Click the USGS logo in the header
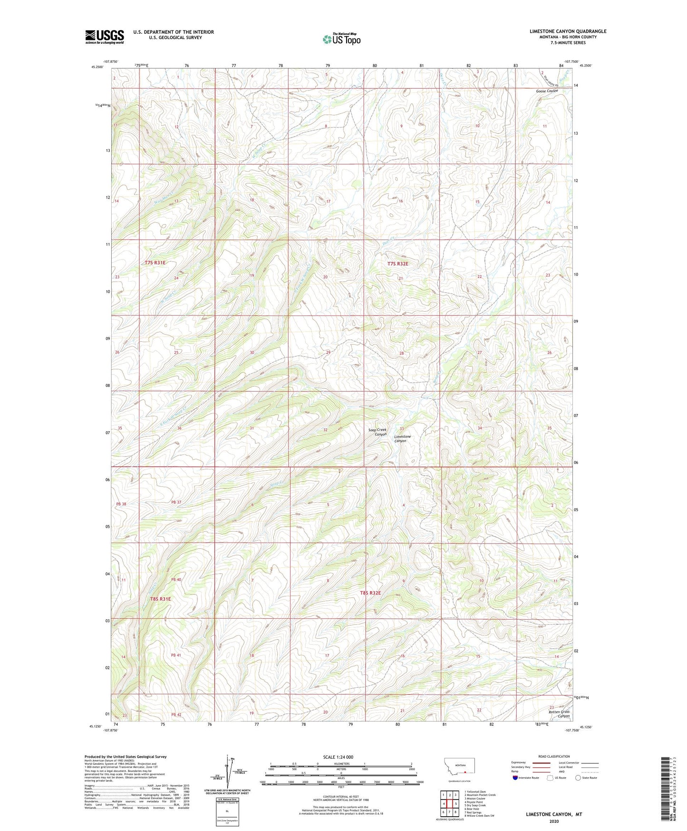(105, 37)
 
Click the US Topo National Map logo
(341, 39)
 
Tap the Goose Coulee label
(547, 91)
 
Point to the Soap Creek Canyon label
(377, 432)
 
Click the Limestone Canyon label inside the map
(402, 439)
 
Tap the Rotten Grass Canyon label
(559, 713)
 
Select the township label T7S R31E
(155, 263)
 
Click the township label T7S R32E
(397, 264)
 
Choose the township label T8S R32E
(370, 593)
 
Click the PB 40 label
(176, 580)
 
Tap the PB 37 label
(176, 502)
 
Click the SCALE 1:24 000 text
(338, 757)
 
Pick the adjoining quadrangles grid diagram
(449, 805)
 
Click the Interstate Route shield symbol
(515, 778)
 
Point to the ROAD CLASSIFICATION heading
(554, 756)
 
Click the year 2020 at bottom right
(553, 821)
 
